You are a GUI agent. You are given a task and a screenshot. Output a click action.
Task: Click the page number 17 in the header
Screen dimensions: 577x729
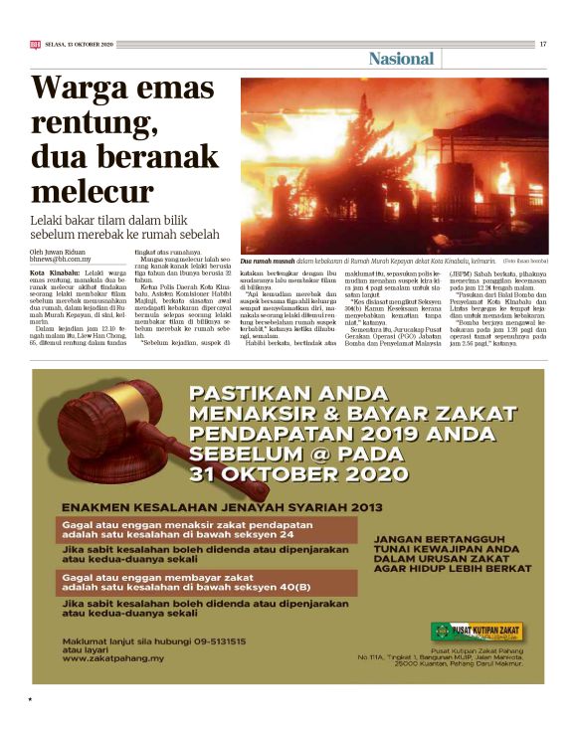542,44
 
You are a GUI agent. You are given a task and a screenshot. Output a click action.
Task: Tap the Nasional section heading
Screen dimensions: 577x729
401,59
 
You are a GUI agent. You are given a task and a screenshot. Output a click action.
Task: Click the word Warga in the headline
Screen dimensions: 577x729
81,91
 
